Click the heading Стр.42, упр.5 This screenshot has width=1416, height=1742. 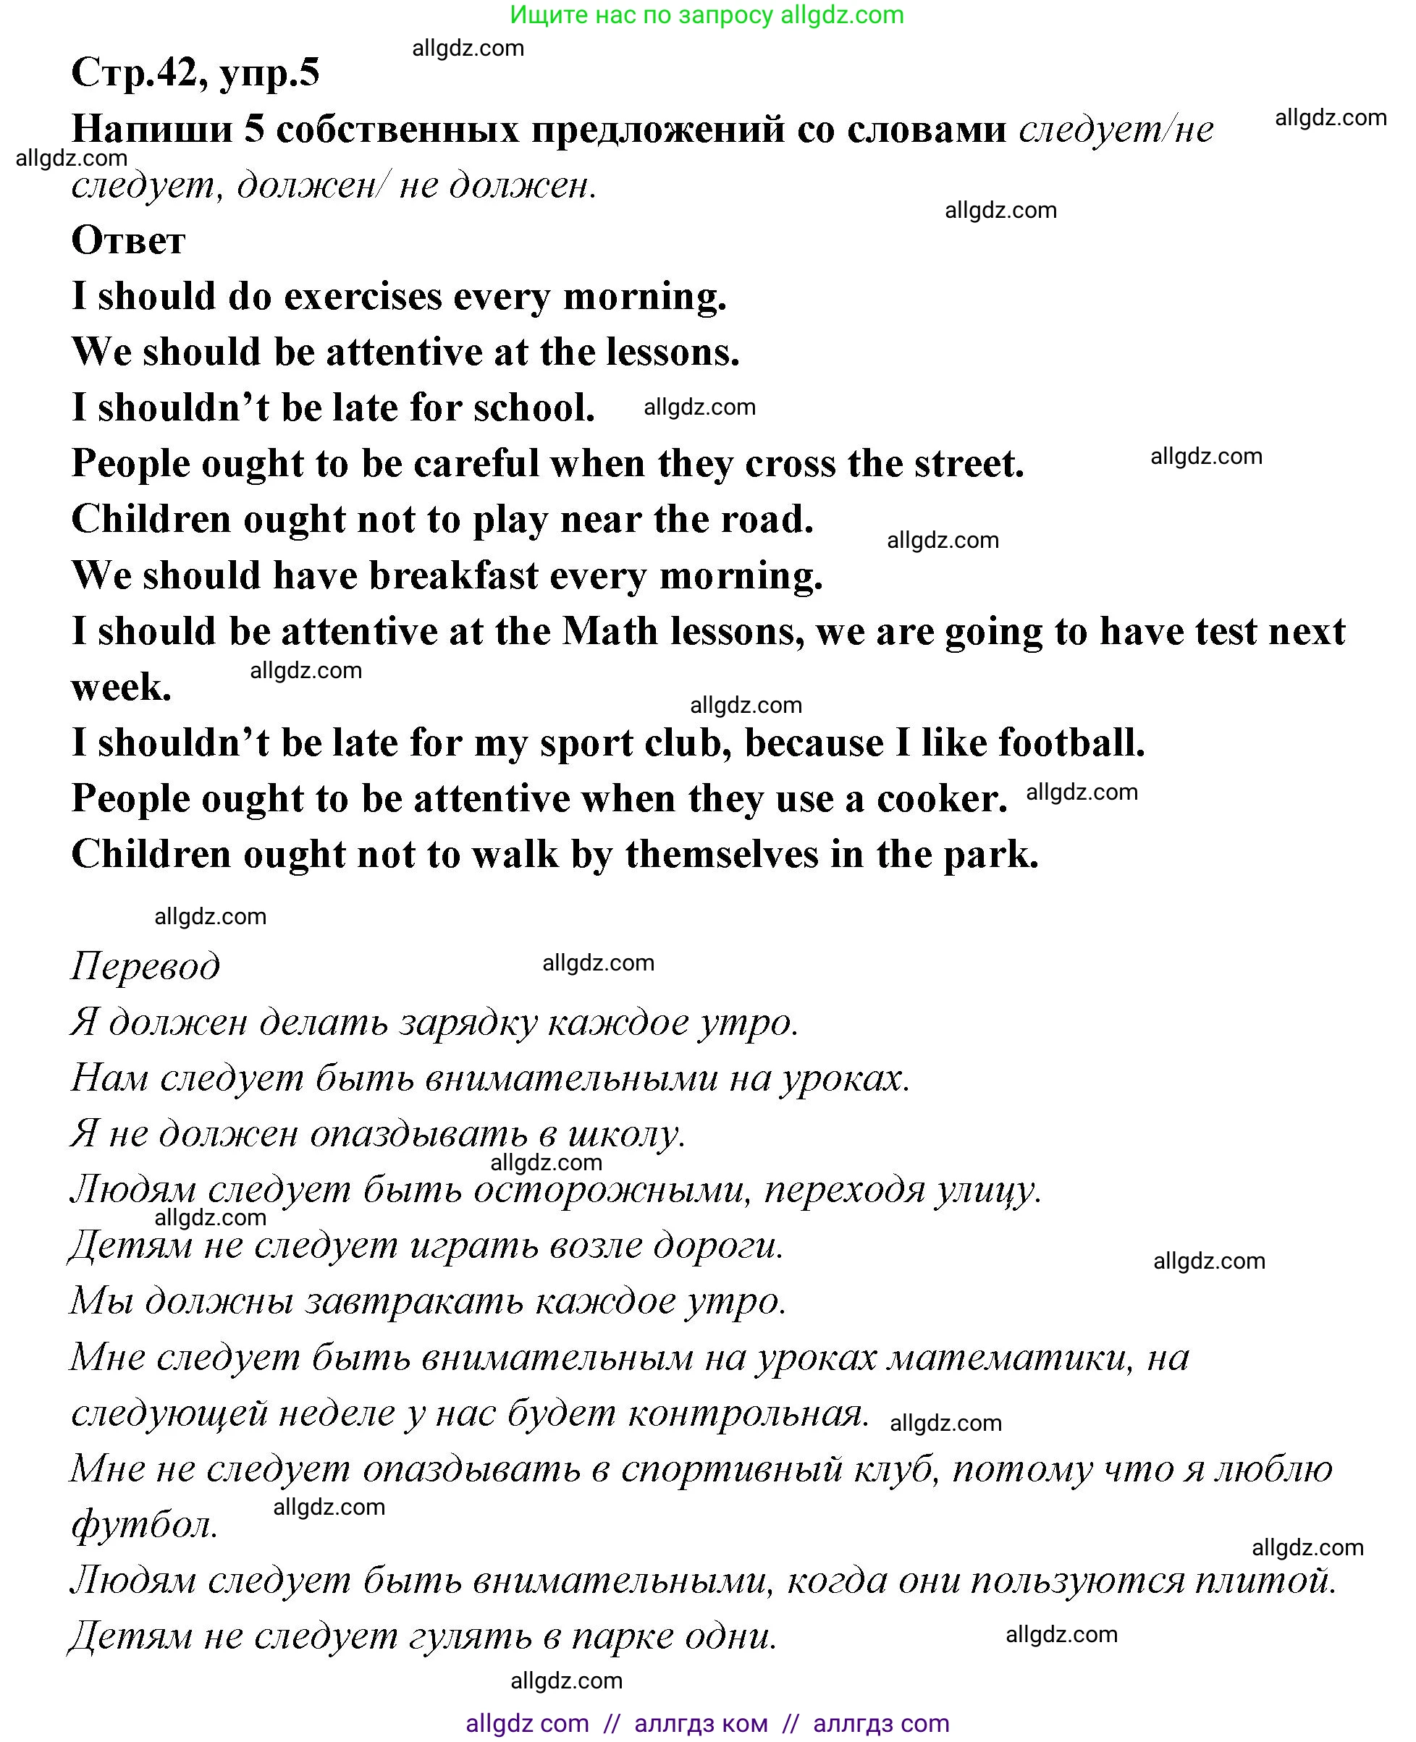pos(195,72)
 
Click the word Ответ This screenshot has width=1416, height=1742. pos(128,240)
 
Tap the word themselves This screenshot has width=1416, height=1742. pos(722,855)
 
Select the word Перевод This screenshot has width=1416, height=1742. pos(146,965)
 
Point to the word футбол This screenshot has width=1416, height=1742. pos(144,1525)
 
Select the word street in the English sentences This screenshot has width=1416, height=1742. pos(968,464)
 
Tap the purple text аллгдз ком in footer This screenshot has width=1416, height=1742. pos(701,1722)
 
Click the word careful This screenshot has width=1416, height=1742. pos(476,464)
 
